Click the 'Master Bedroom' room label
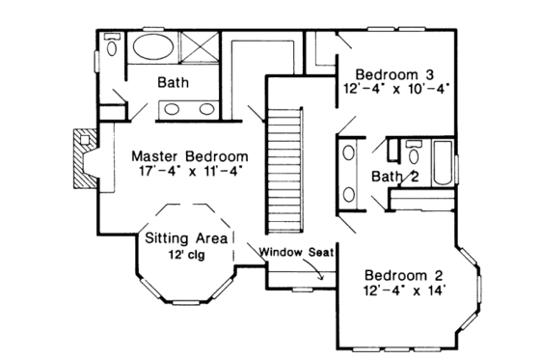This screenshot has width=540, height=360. point(189,155)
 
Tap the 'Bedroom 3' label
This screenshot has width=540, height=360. point(395,74)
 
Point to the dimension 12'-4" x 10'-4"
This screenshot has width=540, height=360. point(395,90)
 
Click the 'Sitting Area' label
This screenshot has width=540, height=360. point(186,237)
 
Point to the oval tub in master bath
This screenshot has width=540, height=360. point(153,48)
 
